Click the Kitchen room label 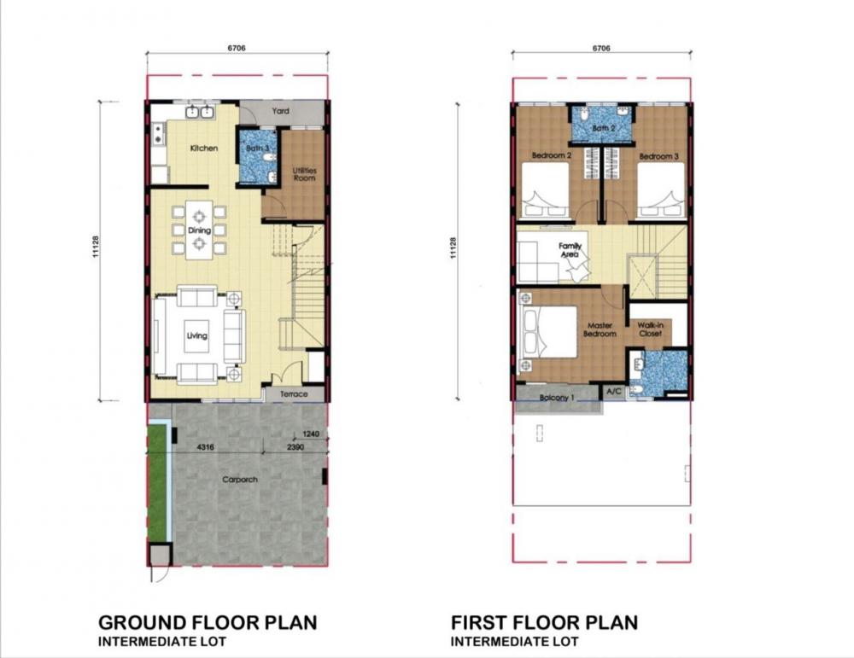(204, 148)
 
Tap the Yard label (280, 111)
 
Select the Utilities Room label (304, 174)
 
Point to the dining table (199, 230)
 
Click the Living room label (197, 335)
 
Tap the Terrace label (294, 394)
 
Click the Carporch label (240, 480)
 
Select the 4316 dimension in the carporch (205, 447)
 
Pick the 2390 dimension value (295, 447)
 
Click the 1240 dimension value (311, 434)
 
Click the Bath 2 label (604, 129)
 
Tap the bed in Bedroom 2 (545, 190)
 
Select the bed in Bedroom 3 (661, 190)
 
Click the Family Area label (570, 250)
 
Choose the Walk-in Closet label (650, 329)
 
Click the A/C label (614, 392)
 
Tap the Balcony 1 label (557, 398)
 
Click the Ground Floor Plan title (208, 623)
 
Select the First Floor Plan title (544, 623)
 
